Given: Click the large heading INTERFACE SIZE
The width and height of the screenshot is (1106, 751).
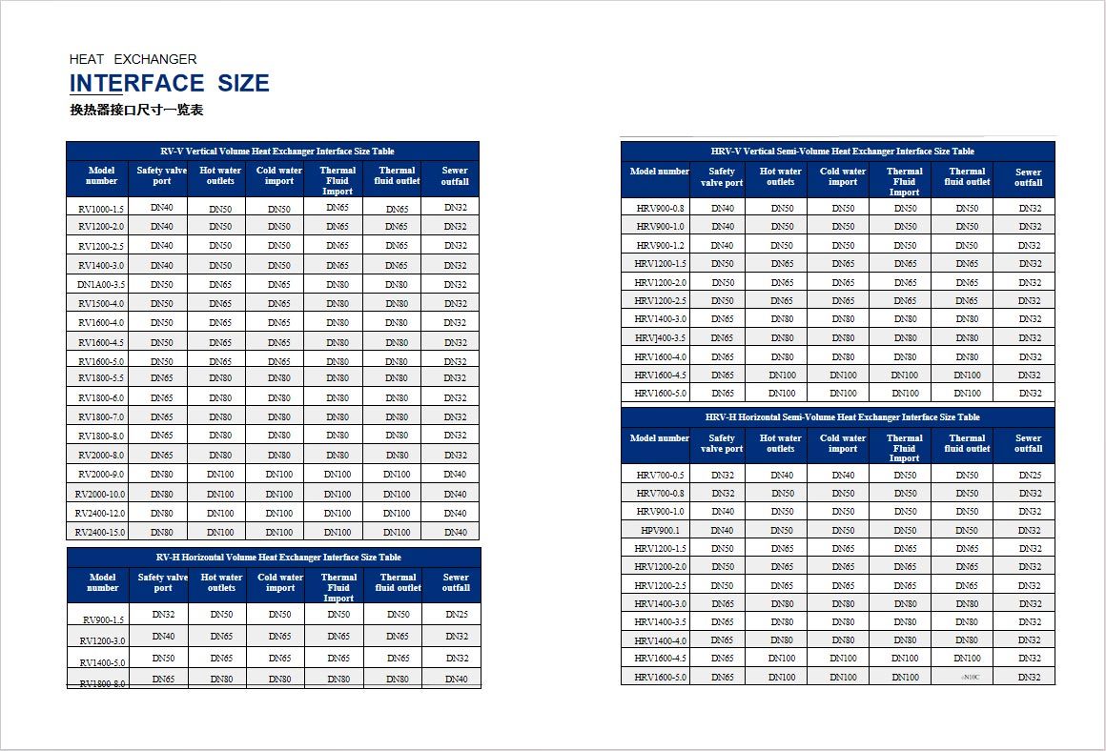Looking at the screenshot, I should pyautogui.click(x=170, y=84).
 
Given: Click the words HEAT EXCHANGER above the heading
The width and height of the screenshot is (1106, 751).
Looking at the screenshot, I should pyautogui.click(x=133, y=59).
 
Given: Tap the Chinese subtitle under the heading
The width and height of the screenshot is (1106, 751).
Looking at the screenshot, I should pyautogui.click(x=136, y=110).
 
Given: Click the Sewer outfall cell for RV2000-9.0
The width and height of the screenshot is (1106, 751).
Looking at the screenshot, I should pyautogui.click(x=455, y=475).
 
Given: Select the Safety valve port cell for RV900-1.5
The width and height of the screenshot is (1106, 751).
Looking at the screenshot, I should pyautogui.click(x=163, y=615).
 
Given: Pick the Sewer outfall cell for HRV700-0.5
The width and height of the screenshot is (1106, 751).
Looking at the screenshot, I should pyautogui.click(x=1029, y=476).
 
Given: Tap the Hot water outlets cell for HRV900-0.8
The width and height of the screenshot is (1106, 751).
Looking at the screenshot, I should pyautogui.click(x=782, y=209).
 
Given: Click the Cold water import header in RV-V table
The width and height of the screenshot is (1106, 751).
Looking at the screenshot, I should pyautogui.click(x=279, y=176).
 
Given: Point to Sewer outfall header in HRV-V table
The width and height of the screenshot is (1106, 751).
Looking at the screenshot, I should pyautogui.click(x=1028, y=177).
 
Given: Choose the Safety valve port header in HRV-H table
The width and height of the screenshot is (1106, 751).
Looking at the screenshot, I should pyautogui.click(x=721, y=443).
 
